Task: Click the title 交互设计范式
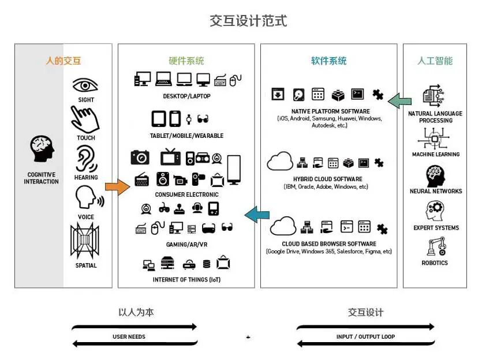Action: pos(248,21)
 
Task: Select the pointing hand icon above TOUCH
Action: pos(85,119)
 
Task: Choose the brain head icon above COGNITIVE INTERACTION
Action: pos(42,149)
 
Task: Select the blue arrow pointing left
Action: pos(257,215)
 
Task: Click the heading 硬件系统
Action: pos(186,61)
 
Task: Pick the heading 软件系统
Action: pos(328,61)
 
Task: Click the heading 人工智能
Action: pos(435,61)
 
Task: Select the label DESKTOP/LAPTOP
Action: pos(186,96)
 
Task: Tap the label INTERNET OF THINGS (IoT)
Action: pos(186,280)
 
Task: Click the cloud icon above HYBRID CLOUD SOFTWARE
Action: pos(281,161)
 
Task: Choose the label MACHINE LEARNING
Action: pos(435,155)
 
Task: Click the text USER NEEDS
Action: pos(129,336)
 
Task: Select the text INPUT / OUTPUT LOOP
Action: pos(365,336)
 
